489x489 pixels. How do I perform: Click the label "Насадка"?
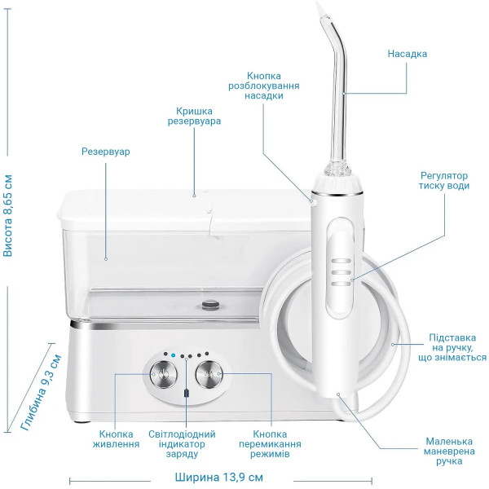click(407, 54)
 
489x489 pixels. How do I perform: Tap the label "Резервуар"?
click(105, 152)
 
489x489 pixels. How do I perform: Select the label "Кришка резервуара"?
click(194, 116)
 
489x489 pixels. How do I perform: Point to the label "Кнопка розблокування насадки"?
click(264, 86)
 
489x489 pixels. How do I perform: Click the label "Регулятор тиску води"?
click(444, 181)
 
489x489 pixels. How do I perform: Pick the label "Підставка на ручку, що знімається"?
click(452, 347)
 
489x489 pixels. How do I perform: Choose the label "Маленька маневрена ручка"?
click(449, 452)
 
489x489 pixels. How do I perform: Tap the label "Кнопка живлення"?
click(116, 438)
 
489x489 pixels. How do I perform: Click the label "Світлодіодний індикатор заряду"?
click(182, 444)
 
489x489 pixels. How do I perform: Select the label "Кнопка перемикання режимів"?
click(270, 444)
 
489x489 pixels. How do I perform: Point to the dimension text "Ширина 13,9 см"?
click(219, 477)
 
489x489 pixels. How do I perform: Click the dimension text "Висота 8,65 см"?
click(8, 216)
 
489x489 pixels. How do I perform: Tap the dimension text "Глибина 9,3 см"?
click(41, 393)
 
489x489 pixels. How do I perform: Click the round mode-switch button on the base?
click(209, 375)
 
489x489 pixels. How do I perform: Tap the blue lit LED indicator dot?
click(174, 355)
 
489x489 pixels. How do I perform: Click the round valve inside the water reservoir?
click(210, 304)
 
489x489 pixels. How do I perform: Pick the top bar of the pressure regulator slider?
click(341, 261)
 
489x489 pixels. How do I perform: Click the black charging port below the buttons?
click(187, 393)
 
